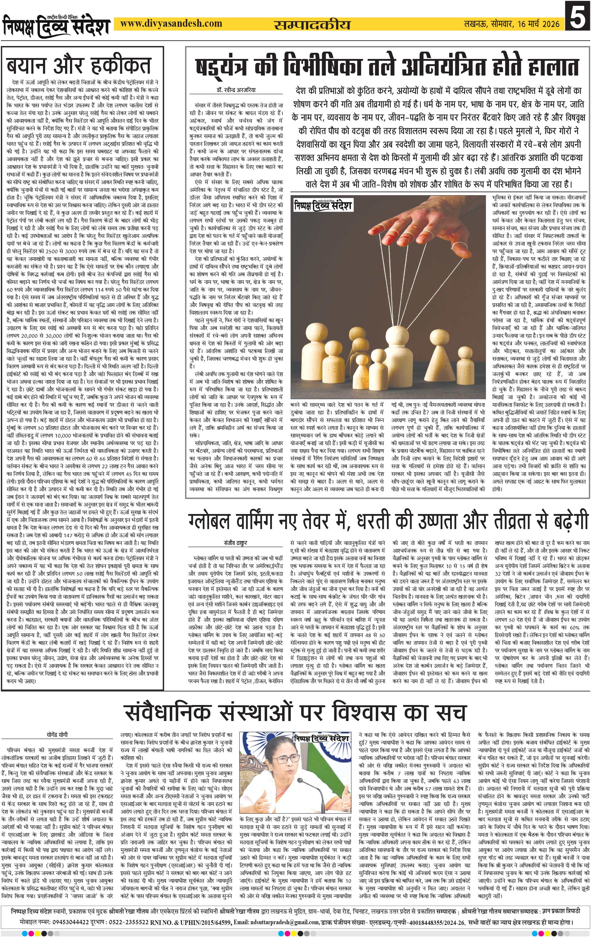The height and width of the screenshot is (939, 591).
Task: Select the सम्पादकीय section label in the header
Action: (312, 25)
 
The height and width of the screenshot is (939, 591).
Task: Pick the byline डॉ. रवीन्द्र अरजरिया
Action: (237, 90)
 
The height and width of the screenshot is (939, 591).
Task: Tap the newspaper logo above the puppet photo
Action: (323, 204)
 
